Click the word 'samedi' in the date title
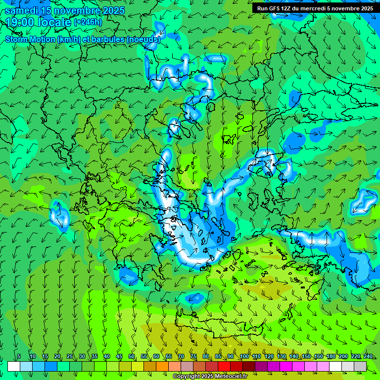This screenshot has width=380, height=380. point(23,10)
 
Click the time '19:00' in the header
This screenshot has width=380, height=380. point(19,22)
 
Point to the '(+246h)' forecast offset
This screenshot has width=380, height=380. point(88,22)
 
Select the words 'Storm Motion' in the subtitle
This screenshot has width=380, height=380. point(30,39)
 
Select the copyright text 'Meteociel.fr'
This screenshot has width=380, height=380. point(228,377)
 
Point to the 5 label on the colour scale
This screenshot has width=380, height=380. point(19,356)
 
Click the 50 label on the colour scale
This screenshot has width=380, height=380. point(132,356)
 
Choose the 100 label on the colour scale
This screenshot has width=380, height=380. point(244,356)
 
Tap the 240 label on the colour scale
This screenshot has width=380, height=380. point(368,356)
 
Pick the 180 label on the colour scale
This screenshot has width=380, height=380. point(331,356)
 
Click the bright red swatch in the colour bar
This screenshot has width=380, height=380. point(224,366)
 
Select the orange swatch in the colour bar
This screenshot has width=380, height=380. point(162,366)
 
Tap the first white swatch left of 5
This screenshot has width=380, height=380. point(14,366)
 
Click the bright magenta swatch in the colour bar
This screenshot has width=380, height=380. point(286,366)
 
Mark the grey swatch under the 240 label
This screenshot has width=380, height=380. point(360,366)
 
